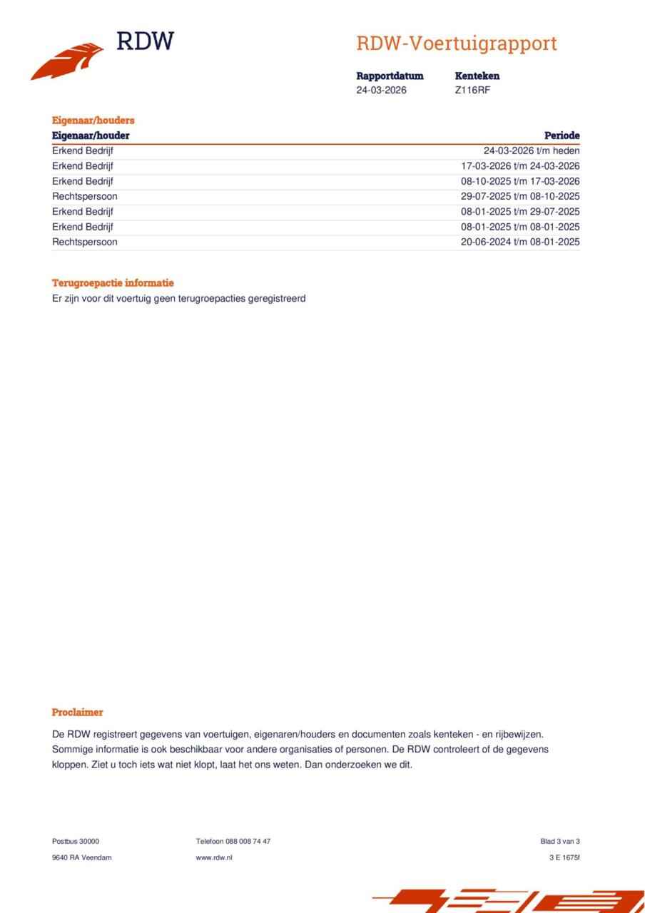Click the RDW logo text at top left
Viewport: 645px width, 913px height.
[145, 42]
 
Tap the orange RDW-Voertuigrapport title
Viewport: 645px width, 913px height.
[456, 44]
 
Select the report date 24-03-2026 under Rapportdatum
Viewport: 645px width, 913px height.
[381, 90]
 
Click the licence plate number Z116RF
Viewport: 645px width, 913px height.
[472, 90]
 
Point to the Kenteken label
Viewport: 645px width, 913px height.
[477, 76]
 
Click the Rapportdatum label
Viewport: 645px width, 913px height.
[390, 76]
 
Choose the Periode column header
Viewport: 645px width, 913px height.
[562, 136]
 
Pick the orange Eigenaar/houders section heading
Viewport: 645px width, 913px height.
[93, 121]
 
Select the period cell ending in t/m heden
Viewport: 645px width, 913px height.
[532, 151]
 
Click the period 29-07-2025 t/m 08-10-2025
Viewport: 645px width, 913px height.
[520, 196]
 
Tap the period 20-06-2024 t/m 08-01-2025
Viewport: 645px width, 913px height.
[520, 242]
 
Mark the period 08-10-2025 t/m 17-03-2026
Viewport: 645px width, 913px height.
[520, 181]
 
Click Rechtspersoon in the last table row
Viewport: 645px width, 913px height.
[84, 242]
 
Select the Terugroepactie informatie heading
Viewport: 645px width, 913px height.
[113, 283]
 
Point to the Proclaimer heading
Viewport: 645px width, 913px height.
[77, 712]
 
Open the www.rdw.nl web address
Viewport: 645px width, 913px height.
[213, 857]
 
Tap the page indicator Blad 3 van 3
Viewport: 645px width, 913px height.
[560, 841]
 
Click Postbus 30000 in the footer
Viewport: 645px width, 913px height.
[76, 841]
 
